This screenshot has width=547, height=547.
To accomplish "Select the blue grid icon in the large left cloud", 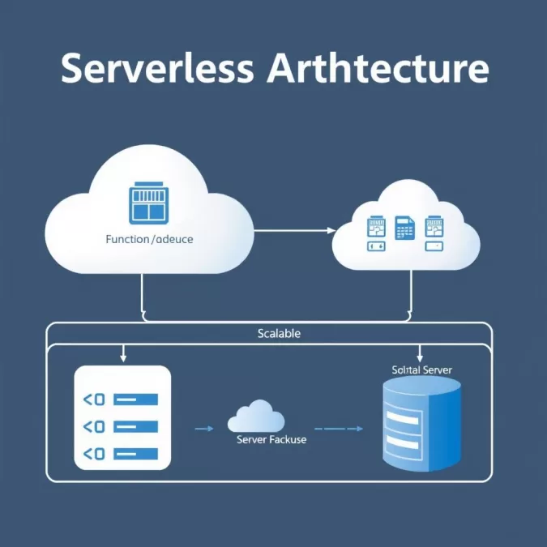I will point(147,203).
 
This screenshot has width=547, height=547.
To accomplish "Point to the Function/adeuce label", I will point(150,240).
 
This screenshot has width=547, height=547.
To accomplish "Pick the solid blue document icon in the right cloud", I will point(404,227).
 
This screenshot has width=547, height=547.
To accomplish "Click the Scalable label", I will point(279,333).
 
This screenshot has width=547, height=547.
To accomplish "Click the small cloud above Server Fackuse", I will point(256,417).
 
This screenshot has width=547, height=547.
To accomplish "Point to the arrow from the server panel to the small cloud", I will point(203,428).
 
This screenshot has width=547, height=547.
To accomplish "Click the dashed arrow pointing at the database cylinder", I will point(339,428).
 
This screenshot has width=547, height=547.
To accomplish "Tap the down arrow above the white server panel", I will point(122,353).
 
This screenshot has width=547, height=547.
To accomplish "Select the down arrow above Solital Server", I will point(420,353).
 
